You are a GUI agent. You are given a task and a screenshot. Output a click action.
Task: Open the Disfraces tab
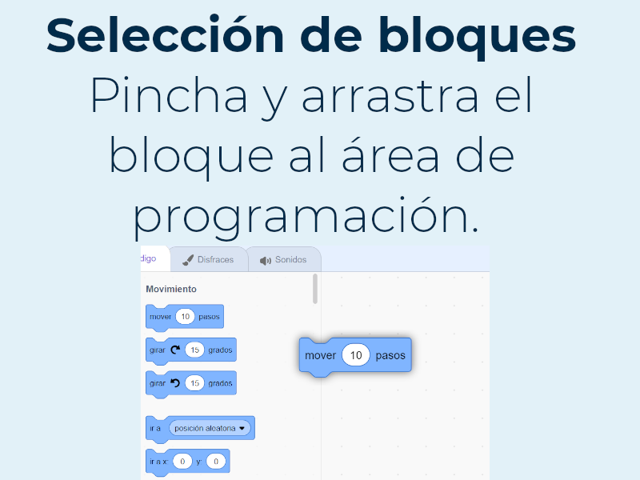[x=209, y=260]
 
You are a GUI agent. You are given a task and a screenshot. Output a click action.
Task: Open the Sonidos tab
[x=284, y=260]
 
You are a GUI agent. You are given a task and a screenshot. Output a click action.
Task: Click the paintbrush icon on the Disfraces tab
[x=188, y=260]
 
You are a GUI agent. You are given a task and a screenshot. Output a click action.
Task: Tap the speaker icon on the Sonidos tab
[x=266, y=261]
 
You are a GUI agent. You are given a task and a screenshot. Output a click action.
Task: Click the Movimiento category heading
[x=171, y=289]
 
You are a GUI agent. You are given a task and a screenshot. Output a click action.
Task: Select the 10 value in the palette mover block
[x=185, y=317]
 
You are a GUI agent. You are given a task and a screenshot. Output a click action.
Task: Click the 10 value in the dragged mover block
[x=356, y=355]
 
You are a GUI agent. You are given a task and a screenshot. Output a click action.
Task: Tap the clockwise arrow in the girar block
[x=175, y=350]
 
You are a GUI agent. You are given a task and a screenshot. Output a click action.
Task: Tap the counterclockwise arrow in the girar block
[x=175, y=383]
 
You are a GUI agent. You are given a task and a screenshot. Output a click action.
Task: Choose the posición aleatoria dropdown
[x=210, y=428]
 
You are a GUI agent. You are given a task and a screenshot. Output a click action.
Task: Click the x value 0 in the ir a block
[x=182, y=462]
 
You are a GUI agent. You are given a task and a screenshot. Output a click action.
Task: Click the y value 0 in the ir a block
[x=216, y=462]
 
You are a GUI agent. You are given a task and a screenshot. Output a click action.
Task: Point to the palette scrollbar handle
[x=315, y=289]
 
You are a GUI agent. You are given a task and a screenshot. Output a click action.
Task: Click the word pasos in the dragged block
[x=390, y=355]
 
